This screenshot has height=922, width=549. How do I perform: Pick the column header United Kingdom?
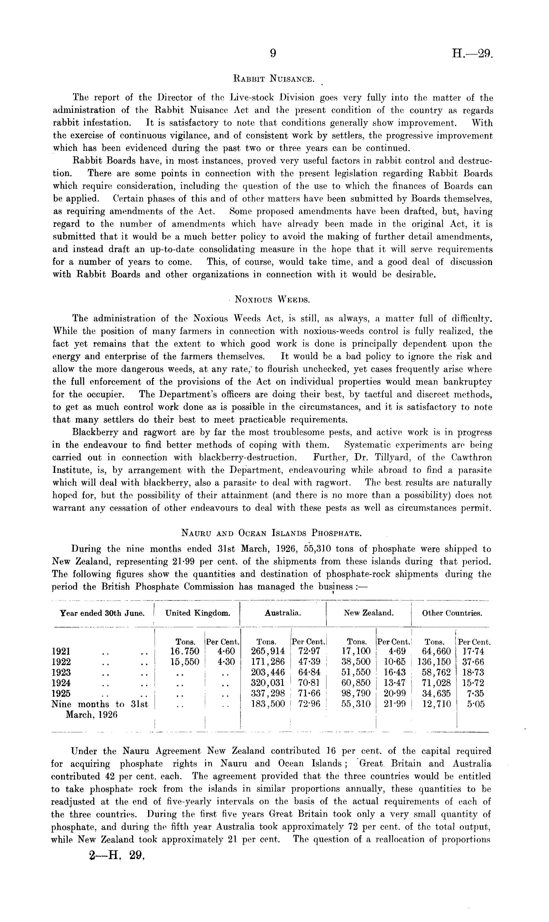click(x=198, y=613)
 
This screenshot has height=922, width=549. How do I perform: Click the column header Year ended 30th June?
click(x=102, y=613)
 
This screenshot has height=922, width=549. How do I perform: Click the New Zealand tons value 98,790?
click(x=355, y=693)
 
